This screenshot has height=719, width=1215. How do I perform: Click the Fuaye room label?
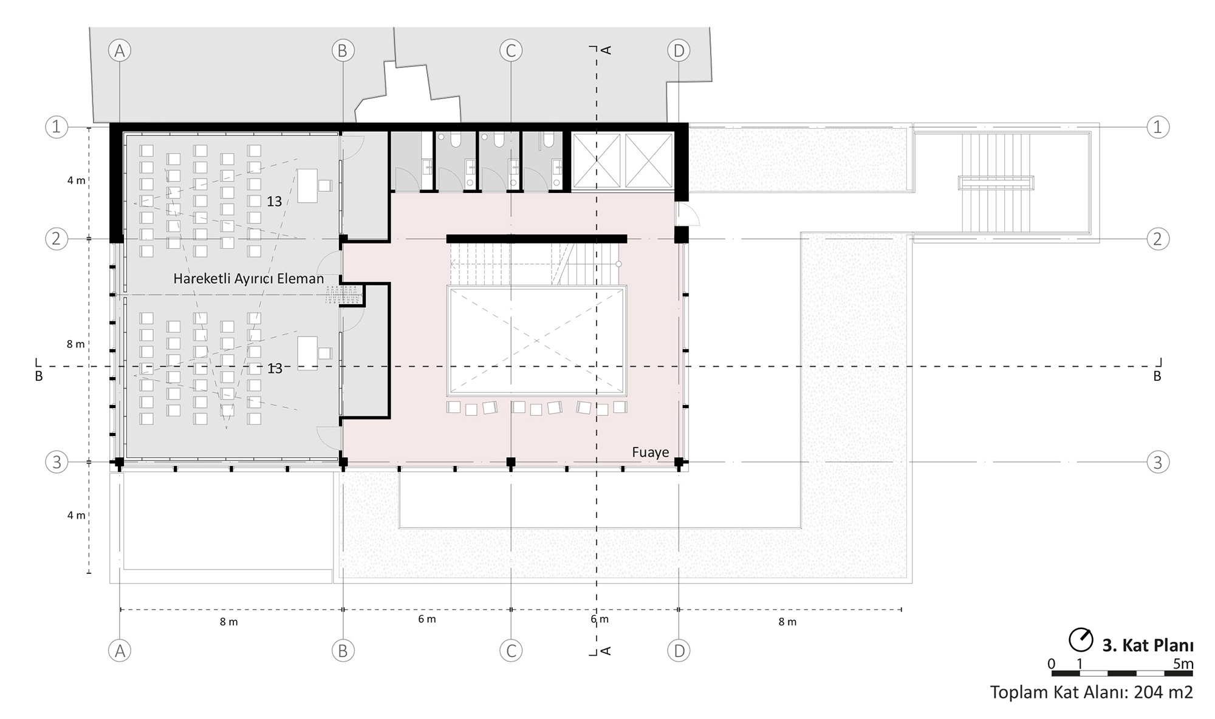coord(650,452)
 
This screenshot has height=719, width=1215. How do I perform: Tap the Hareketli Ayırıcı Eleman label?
coord(248,279)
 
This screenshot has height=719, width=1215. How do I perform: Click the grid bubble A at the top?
coord(120,51)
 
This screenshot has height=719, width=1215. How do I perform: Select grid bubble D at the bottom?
coord(679,651)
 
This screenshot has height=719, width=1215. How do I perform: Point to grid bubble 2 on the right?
coord(1157,239)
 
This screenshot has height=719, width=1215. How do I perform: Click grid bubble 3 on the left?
coord(56,462)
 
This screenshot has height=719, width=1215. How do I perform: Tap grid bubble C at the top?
coord(510,51)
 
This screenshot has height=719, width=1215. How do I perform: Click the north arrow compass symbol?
coord(1081,639)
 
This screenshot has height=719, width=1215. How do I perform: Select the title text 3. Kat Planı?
coord(1148,645)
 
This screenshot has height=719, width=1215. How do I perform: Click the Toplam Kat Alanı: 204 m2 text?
coord(1092,692)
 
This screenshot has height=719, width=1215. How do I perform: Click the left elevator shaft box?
coord(597,160)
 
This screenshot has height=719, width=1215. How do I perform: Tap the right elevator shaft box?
coord(649,160)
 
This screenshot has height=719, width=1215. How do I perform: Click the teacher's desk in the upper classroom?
coord(307,185)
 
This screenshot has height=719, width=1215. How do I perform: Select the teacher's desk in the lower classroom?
coord(307,353)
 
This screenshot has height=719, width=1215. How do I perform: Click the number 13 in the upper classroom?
coord(275,202)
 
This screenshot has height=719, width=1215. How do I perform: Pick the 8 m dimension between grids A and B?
coord(229,622)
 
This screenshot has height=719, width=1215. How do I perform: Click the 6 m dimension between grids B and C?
coord(427,619)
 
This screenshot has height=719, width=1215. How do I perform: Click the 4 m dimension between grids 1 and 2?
coord(76,180)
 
